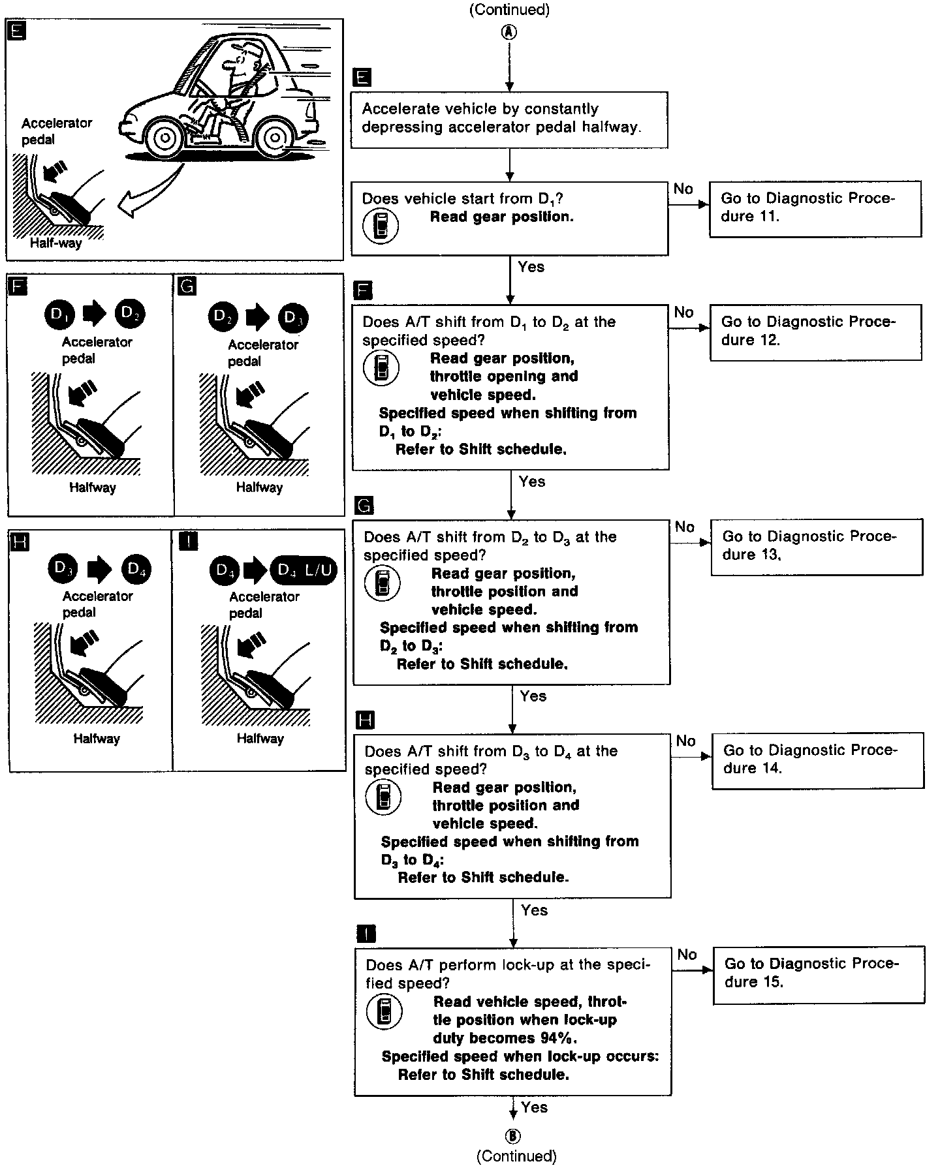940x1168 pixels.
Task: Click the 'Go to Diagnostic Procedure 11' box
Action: [x=815, y=208]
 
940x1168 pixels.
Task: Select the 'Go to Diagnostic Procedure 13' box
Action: [x=816, y=546]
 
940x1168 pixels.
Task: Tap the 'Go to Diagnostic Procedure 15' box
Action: [x=818, y=974]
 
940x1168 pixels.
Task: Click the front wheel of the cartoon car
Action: [x=164, y=138]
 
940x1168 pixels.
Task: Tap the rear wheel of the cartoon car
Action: [x=275, y=138]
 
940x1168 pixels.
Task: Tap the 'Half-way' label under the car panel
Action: [x=55, y=243]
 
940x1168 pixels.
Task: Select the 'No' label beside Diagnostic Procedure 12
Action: [x=683, y=313]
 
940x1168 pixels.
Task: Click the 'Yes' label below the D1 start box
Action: [x=531, y=267]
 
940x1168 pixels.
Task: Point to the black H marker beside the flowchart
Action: [x=366, y=720]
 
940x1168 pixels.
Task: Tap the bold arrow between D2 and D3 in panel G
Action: [x=257, y=318]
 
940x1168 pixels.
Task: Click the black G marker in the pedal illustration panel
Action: [x=186, y=286]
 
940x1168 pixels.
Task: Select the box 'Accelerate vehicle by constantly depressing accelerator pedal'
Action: [x=509, y=119]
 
